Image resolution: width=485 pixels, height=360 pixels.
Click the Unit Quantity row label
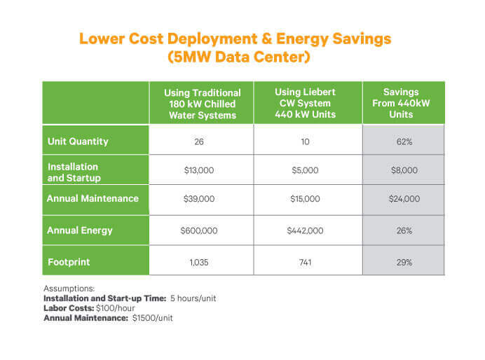tap(77, 141)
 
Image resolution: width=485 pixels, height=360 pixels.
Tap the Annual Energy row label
tap(78, 230)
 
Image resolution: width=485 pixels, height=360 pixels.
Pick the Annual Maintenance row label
tap(93, 199)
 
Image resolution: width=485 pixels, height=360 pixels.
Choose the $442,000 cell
tap(305, 230)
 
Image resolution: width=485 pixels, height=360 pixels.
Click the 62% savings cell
tap(404, 141)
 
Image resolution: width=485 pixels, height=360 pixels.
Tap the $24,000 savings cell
tap(404, 199)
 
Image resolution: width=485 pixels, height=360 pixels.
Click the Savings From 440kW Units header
tap(404, 103)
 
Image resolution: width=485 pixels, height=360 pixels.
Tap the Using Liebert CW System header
tap(305, 103)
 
